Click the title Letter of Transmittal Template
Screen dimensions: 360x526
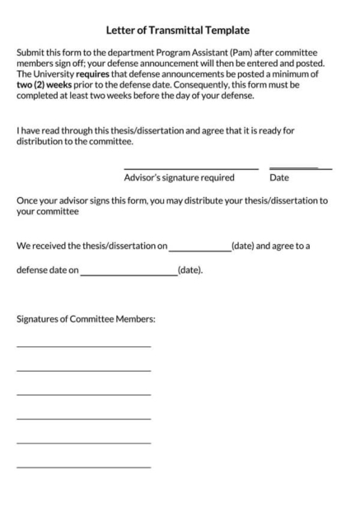[x=180, y=31]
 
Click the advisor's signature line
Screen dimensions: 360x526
[x=190, y=168]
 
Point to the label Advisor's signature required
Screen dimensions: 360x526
[x=179, y=177]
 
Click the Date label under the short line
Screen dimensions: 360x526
[x=279, y=177]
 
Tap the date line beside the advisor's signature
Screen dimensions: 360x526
[x=300, y=168]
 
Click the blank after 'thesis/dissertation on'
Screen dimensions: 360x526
[x=200, y=249]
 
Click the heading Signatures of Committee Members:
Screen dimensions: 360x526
[x=86, y=319]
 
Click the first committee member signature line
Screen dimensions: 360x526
[x=83, y=346]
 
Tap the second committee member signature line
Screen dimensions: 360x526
[x=83, y=370]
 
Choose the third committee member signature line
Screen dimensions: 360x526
[x=83, y=394]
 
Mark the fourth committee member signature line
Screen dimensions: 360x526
[x=83, y=419]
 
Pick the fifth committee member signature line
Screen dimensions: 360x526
[x=83, y=443]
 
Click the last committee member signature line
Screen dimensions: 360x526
[x=83, y=467]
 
